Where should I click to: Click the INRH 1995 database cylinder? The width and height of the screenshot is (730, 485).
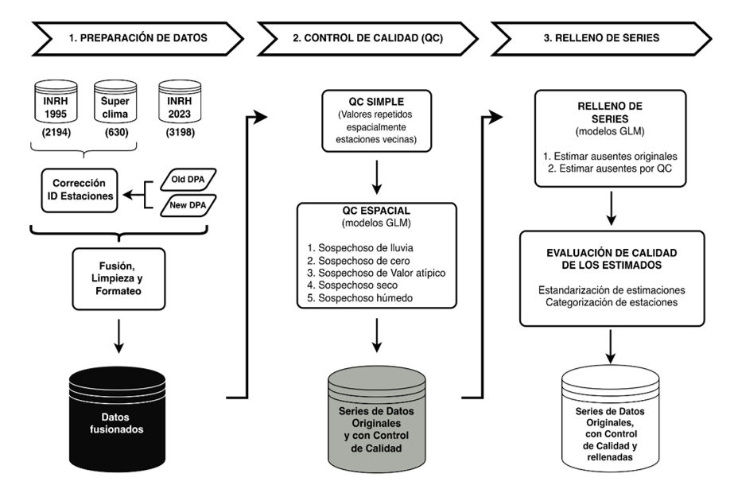[56, 101]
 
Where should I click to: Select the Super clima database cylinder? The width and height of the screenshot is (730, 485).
[115, 101]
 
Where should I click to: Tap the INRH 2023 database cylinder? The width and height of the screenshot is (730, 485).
[180, 101]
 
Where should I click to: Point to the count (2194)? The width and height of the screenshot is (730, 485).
[56, 133]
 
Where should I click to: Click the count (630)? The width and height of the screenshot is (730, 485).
[116, 133]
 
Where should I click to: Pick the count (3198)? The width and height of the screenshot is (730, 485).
[181, 133]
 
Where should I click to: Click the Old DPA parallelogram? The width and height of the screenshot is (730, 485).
[188, 180]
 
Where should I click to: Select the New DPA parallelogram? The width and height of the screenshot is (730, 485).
[188, 205]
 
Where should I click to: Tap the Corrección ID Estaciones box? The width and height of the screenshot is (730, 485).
[80, 190]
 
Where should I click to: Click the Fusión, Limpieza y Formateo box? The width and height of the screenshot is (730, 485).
[118, 279]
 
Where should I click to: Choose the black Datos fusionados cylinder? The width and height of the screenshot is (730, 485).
[117, 419]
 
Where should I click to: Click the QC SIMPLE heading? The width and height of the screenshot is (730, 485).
[377, 102]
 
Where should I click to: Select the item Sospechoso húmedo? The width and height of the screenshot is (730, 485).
[360, 298]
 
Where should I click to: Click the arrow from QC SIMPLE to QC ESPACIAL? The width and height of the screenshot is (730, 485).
[377, 177]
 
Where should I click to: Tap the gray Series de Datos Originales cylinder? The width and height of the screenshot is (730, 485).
[377, 419]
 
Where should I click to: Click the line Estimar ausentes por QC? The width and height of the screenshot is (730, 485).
[610, 169]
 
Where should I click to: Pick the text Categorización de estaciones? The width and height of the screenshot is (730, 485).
[612, 303]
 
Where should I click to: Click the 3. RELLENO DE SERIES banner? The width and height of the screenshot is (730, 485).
[601, 38]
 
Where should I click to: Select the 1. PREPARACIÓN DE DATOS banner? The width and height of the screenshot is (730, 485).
[138, 38]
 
